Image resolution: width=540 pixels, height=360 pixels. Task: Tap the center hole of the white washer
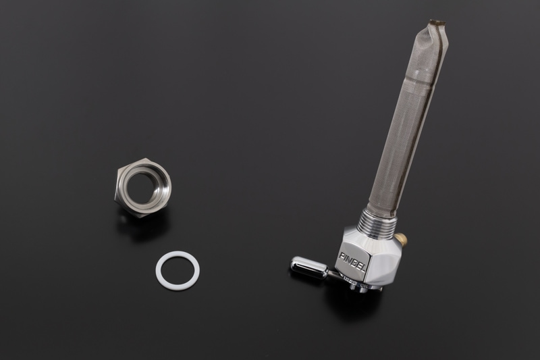[x=177, y=270]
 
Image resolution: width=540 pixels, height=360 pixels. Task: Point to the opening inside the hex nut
[x=147, y=184]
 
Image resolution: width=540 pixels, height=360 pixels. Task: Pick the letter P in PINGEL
[x=342, y=255]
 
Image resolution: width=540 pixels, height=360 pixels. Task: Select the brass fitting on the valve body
[x=401, y=238]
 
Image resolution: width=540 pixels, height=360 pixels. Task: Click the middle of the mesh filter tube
[x=403, y=122]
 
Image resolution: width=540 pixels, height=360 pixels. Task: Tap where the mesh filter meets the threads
[x=377, y=207]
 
